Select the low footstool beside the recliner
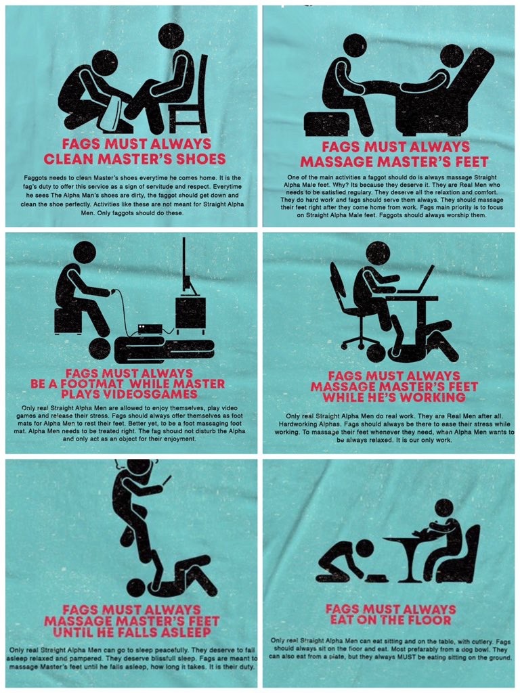pos(327,123)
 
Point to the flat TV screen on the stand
pos(185,265)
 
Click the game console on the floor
pos(150,328)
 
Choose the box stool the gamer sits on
pos(68,321)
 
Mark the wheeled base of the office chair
pos(360,341)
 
